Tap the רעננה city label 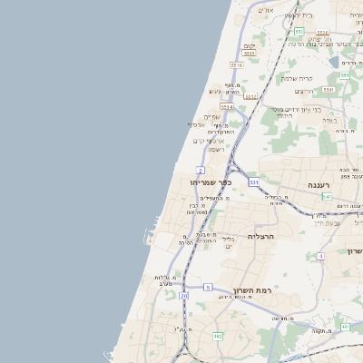pos(319,184)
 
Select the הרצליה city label pos(260,236)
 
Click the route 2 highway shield pos(200,170)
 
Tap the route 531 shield pos(253,181)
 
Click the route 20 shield pos(183,296)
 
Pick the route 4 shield pos(320,257)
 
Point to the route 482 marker pos(218,336)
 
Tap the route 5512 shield pos(251,95)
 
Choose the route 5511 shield pos(328,90)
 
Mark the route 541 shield pos(326,196)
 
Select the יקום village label pos(250,46)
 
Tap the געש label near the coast pos(215,91)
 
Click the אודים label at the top pos(266,10)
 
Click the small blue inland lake pos(336,62)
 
